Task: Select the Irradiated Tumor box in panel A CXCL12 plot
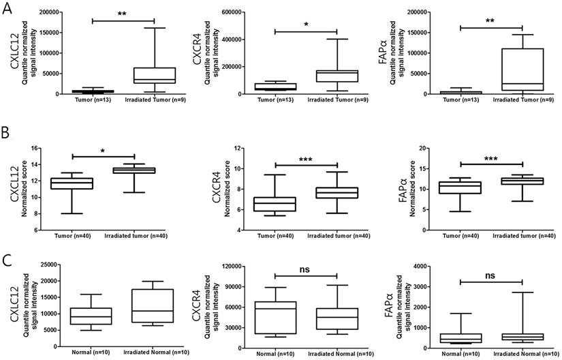click(155, 75)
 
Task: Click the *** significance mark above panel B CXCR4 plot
click(307, 157)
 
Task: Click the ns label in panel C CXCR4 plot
click(307, 269)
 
